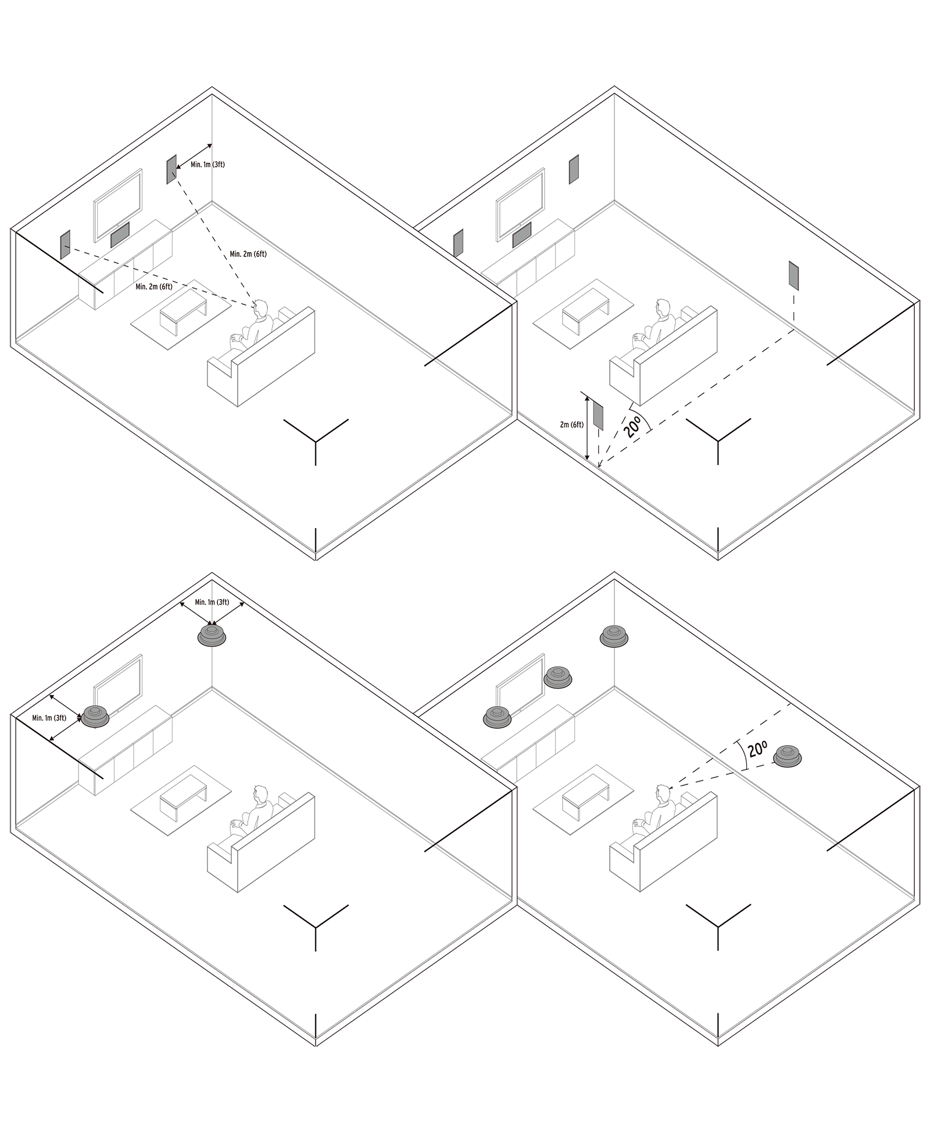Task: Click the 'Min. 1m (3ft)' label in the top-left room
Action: (208, 165)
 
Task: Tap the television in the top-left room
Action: (118, 205)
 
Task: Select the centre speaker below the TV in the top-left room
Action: (120, 235)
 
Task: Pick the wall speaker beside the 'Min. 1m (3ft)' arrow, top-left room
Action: (171, 169)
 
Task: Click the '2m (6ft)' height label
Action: (572, 425)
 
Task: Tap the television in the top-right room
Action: (520, 205)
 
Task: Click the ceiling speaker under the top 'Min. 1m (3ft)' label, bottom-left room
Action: (212, 635)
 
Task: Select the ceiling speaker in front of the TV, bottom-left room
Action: (95, 716)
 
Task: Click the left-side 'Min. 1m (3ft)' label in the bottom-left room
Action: (49, 718)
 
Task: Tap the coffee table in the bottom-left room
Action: (182, 799)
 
